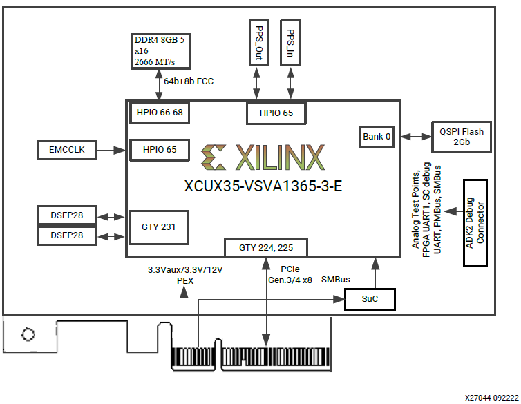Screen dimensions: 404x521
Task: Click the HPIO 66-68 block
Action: (x=159, y=112)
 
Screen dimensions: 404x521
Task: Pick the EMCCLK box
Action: (x=67, y=148)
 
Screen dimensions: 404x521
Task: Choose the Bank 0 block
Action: (x=377, y=136)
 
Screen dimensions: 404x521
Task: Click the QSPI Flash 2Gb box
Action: (x=462, y=137)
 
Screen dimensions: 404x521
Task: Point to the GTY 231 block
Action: (x=159, y=227)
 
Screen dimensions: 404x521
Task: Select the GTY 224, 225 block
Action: (x=265, y=247)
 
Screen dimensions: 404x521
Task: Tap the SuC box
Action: (x=370, y=299)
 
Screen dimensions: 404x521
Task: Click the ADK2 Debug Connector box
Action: (x=475, y=223)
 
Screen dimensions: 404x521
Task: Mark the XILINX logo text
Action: (x=262, y=158)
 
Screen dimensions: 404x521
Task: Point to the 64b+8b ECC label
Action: (x=188, y=81)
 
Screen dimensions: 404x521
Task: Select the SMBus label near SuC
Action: (x=336, y=280)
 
